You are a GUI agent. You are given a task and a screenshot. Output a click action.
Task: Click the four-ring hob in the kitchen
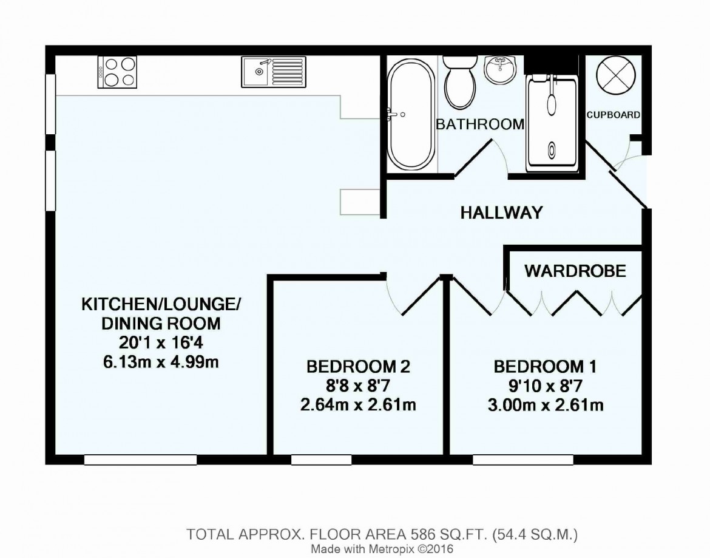117,72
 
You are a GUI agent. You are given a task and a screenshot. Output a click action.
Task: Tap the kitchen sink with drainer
274,72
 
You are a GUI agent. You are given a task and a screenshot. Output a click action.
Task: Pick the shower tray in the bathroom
552,124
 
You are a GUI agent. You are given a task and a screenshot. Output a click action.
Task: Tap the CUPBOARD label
614,115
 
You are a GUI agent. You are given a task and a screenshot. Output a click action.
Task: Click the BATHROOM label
479,124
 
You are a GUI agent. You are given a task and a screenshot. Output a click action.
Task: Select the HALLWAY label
501,213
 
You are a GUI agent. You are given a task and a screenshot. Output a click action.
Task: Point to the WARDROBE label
575,271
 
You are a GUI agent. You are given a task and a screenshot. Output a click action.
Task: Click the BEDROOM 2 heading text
358,366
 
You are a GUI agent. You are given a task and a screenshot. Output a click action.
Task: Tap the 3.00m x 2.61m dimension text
545,405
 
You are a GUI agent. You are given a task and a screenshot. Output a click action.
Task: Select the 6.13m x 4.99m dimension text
161,362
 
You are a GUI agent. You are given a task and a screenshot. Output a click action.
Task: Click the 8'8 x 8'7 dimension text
358,386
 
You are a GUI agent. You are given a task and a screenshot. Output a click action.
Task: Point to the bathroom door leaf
473,158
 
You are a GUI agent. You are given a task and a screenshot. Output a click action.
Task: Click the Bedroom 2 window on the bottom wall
321,460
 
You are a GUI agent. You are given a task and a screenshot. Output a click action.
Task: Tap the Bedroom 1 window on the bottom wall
523,460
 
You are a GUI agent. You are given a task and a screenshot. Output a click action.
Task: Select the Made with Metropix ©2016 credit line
382,549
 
